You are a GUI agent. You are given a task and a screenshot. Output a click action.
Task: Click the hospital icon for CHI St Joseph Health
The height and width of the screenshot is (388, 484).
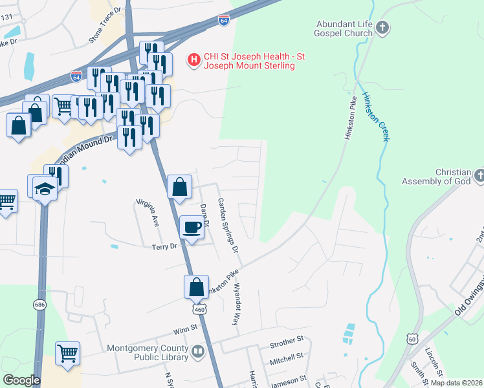click(x=193, y=61)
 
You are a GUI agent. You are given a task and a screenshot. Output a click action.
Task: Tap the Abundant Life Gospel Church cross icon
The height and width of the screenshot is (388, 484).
click(x=383, y=27)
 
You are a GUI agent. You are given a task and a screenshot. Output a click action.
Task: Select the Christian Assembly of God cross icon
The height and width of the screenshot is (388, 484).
click(x=479, y=175)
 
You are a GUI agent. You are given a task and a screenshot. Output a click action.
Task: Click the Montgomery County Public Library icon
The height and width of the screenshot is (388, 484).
click(x=197, y=352)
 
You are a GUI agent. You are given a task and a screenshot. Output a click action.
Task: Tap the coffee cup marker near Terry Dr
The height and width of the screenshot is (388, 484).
click(x=192, y=227)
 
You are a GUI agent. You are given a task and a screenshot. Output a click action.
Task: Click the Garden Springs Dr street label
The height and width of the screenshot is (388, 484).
click(x=228, y=225)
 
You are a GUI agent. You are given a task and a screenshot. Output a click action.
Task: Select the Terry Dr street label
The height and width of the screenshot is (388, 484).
click(x=164, y=246)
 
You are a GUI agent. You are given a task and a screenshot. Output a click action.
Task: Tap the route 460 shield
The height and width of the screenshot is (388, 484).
click(x=199, y=309)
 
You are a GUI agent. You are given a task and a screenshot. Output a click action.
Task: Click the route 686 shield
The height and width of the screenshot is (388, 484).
click(x=41, y=304)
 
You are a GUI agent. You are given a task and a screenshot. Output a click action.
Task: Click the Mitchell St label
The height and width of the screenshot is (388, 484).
click(x=286, y=356)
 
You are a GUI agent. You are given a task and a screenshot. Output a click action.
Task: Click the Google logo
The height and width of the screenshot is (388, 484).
click(x=21, y=380)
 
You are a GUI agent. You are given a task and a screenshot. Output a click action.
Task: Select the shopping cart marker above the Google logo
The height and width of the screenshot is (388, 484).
click(x=67, y=354)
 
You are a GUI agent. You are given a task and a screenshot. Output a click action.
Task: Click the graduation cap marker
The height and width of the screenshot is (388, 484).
click(x=45, y=189)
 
